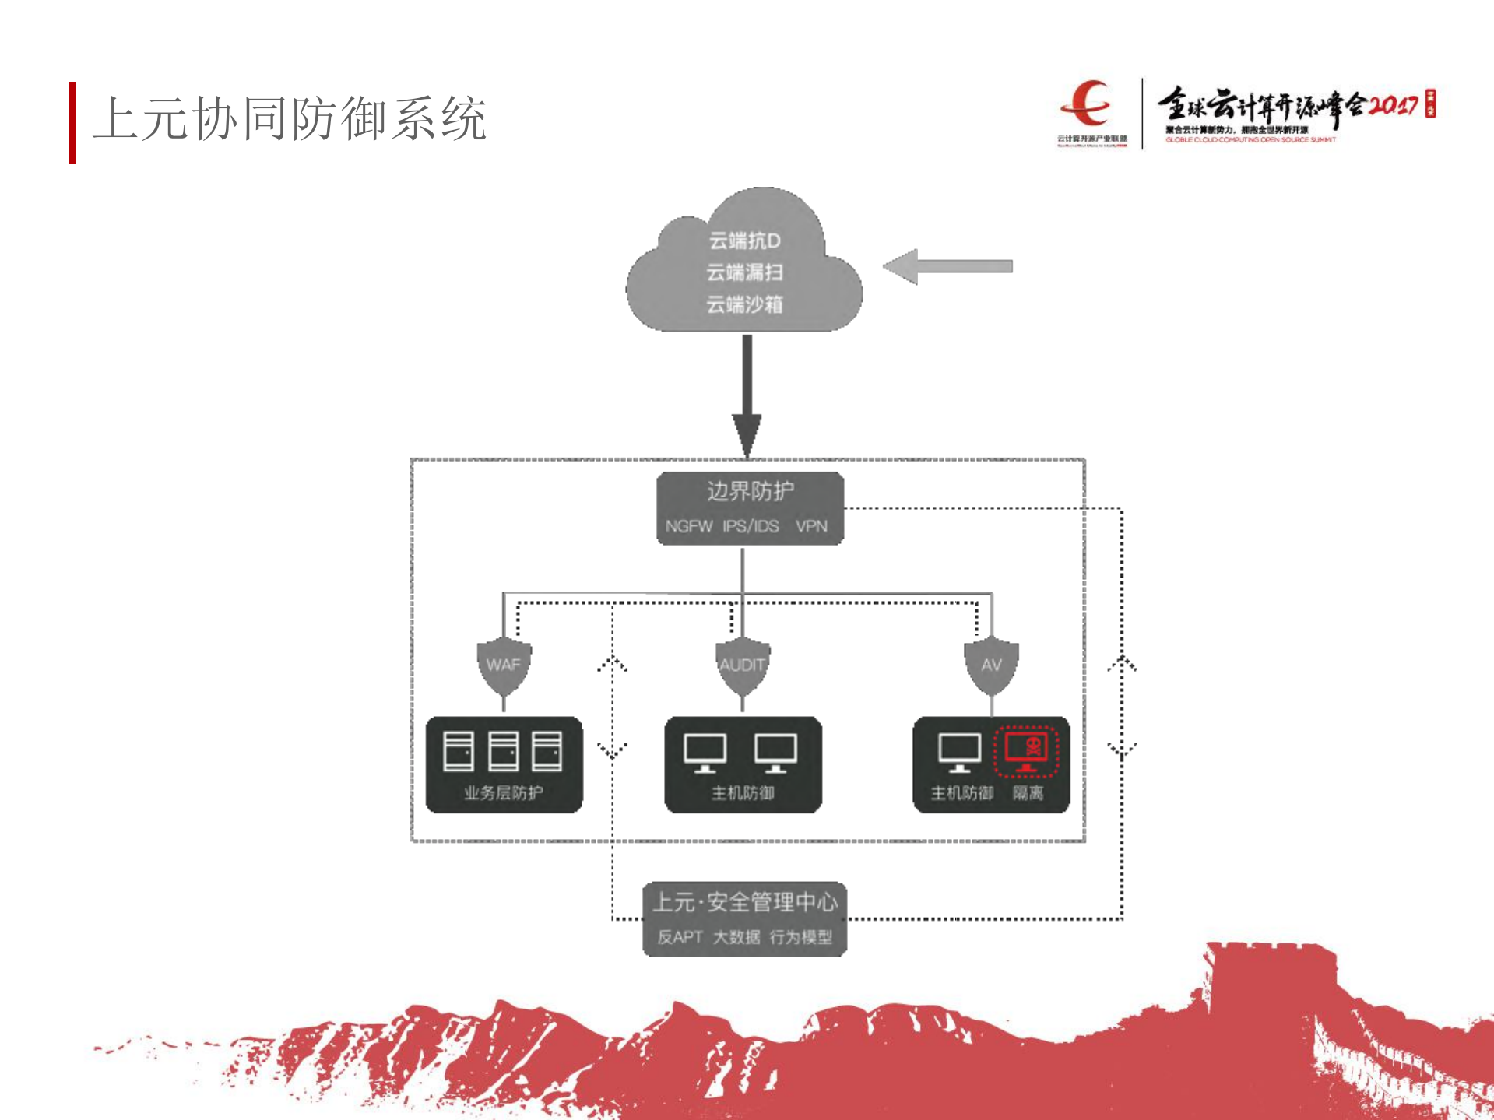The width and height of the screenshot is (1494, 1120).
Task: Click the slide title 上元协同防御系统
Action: tap(290, 120)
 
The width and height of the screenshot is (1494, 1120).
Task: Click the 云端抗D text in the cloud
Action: tap(744, 241)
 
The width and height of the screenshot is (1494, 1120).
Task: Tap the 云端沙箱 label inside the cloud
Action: tap(744, 304)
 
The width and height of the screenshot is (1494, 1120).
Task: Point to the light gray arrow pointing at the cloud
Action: tap(947, 266)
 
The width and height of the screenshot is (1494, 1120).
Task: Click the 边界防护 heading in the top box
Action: tap(750, 491)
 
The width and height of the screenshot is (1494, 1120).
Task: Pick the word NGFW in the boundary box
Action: tap(688, 526)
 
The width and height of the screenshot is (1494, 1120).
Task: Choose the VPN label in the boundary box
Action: tap(811, 526)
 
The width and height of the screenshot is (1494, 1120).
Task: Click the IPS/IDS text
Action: tap(751, 526)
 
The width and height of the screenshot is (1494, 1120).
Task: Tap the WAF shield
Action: tap(504, 666)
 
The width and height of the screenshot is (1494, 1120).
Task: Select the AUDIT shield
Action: tap(743, 666)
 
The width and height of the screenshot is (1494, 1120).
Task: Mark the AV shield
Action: tap(991, 666)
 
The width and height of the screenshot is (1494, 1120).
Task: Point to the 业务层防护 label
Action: tap(504, 793)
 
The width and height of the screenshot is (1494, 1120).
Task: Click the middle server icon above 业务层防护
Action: tap(503, 751)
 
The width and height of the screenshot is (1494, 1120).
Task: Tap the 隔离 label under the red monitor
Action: tap(1028, 793)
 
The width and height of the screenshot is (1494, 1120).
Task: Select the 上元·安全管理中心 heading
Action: tap(745, 902)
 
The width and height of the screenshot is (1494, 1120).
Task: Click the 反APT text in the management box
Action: tap(680, 937)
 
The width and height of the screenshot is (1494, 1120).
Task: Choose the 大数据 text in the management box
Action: tap(736, 937)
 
